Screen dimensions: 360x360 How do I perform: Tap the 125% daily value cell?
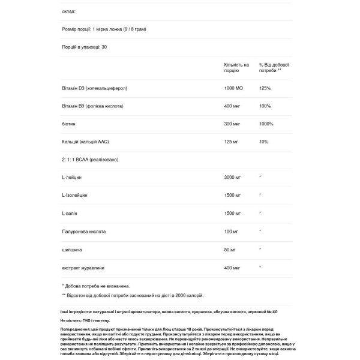(x=265, y=88)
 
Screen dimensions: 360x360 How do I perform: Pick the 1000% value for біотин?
(x=266, y=124)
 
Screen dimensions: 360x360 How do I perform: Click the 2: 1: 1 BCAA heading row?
(x=92, y=159)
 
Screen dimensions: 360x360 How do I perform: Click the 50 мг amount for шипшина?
(x=229, y=248)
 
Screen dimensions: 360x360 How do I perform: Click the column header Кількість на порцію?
(x=236, y=67)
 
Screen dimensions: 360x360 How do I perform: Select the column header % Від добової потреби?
(x=274, y=67)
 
